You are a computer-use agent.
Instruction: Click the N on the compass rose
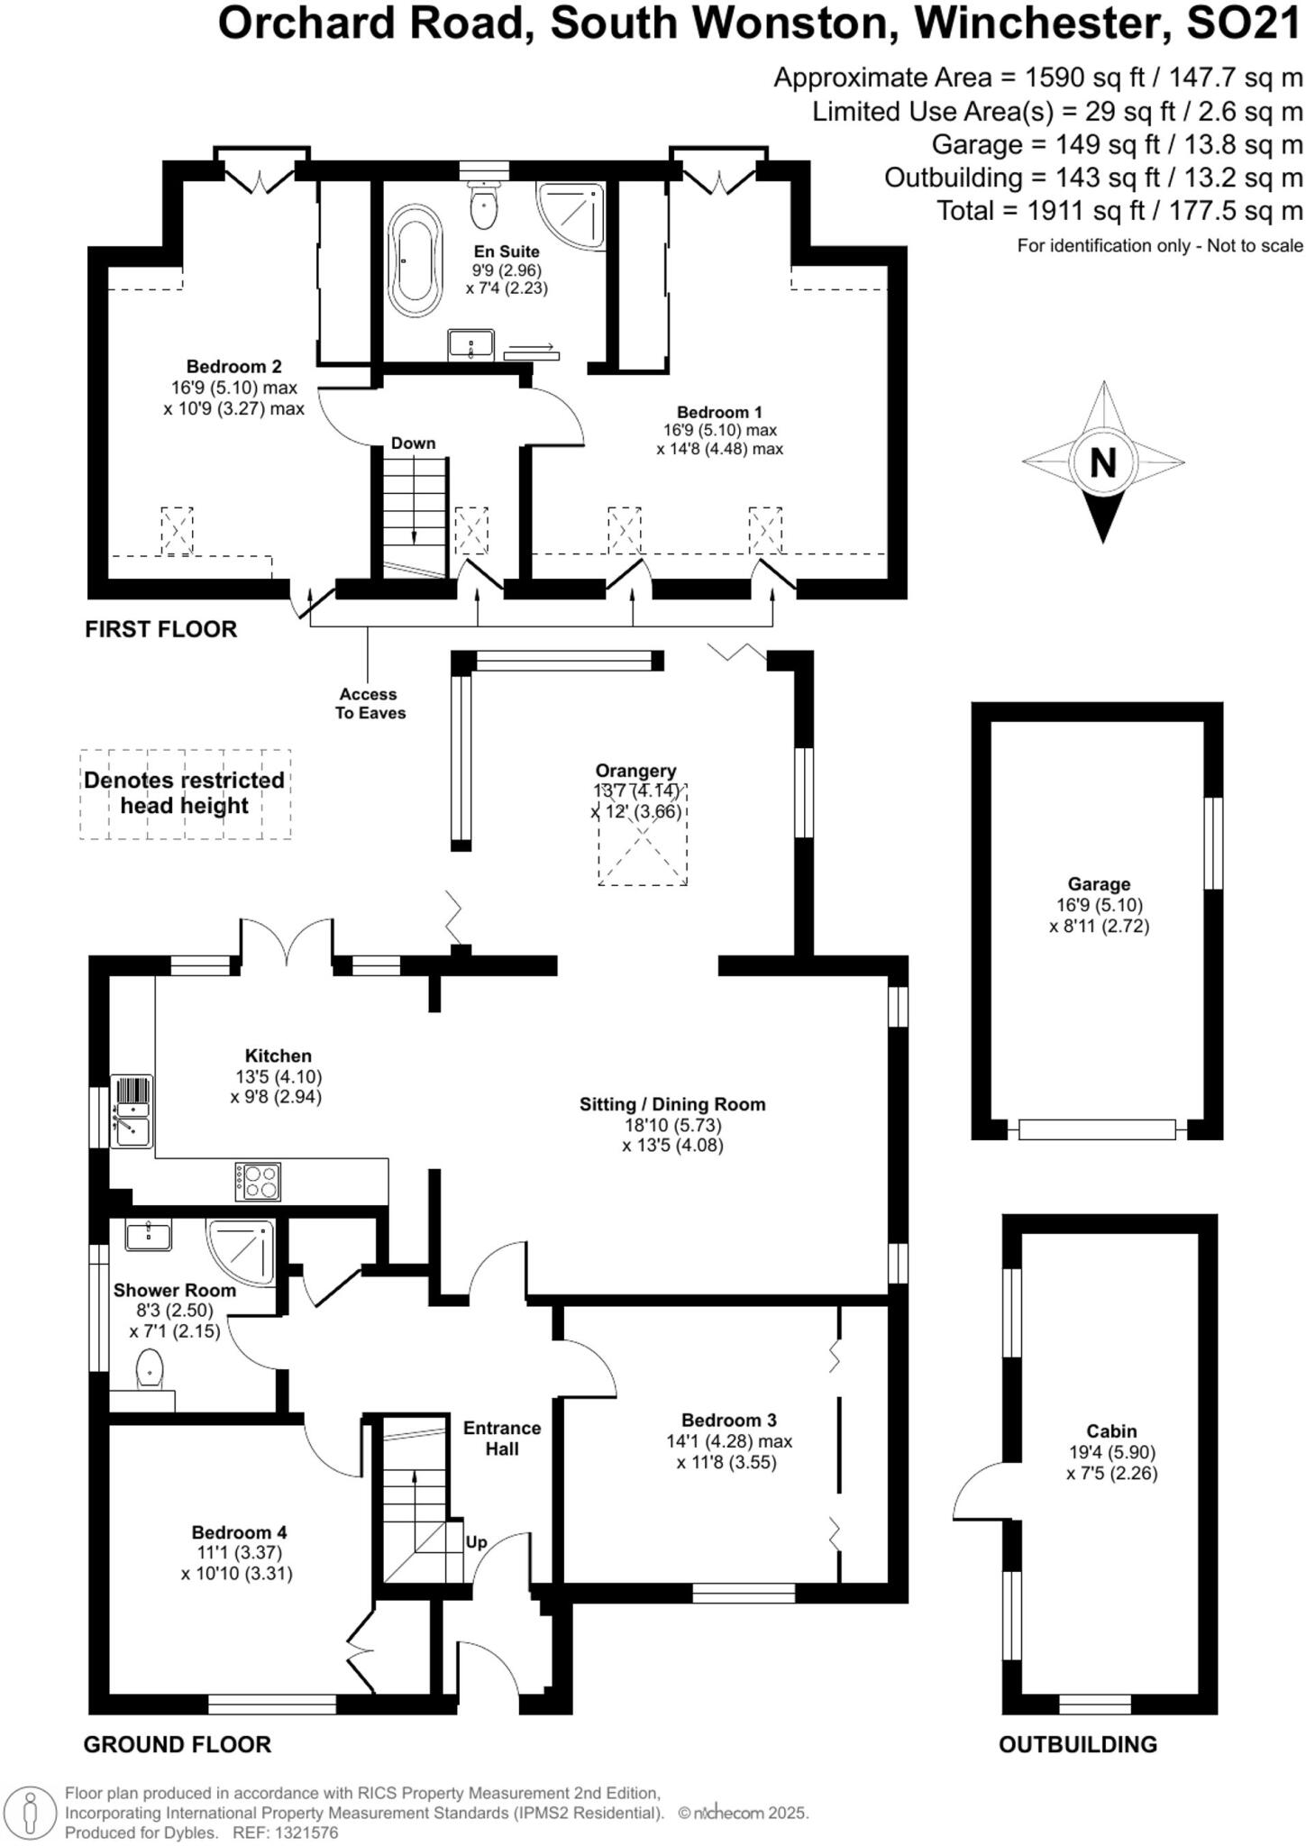tap(1102, 462)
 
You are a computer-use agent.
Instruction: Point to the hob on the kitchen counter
tap(259, 1182)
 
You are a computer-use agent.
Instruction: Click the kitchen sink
tap(132, 1112)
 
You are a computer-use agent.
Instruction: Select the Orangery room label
tap(635, 771)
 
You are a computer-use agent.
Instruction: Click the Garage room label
tap(1099, 884)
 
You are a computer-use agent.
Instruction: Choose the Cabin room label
tap(1111, 1430)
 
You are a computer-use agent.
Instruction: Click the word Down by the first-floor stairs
tap(413, 443)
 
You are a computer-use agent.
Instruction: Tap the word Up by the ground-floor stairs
tap(476, 1542)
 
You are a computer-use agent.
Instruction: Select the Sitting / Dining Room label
tap(672, 1104)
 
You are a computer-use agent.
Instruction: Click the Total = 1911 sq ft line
tap(1119, 211)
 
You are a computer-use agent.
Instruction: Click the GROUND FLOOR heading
tap(177, 1744)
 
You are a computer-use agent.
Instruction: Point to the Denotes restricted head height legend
tap(185, 793)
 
